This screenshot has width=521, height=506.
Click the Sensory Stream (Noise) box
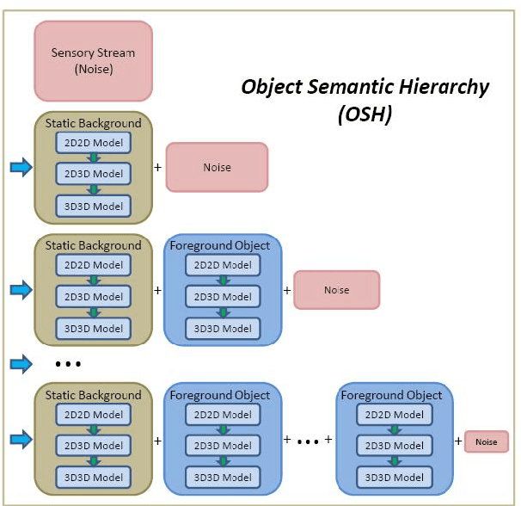[x=93, y=59]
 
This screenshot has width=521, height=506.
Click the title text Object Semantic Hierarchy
[x=365, y=87]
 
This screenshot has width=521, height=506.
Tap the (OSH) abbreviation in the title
[x=364, y=114]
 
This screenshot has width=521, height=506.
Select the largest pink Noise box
[x=217, y=167]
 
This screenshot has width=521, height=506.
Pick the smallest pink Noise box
[x=486, y=441]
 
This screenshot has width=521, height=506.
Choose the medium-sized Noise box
[x=336, y=290]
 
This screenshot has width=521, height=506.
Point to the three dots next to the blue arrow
[x=67, y=364]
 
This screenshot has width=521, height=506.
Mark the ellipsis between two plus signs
[x=308, y=441]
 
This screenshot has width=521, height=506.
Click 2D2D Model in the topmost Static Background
[x=94, y=142]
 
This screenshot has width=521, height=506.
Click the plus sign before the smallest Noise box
[x=457, y=441]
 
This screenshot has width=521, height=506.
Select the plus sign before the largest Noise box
[x=157, y=166]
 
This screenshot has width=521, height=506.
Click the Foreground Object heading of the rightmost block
[x=391, y=395]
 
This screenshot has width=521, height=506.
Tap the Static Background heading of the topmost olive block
[x=93, y=123]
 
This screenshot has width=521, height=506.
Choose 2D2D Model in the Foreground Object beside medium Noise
[x=224, y=265]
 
